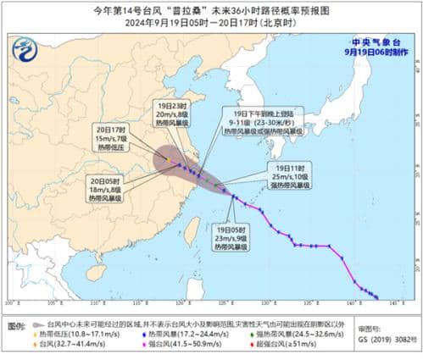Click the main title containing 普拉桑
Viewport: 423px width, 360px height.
211,9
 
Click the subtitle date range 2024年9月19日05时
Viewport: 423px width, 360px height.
211,23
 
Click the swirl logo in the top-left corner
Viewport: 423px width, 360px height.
30,50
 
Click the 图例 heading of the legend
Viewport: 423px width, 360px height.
14,324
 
